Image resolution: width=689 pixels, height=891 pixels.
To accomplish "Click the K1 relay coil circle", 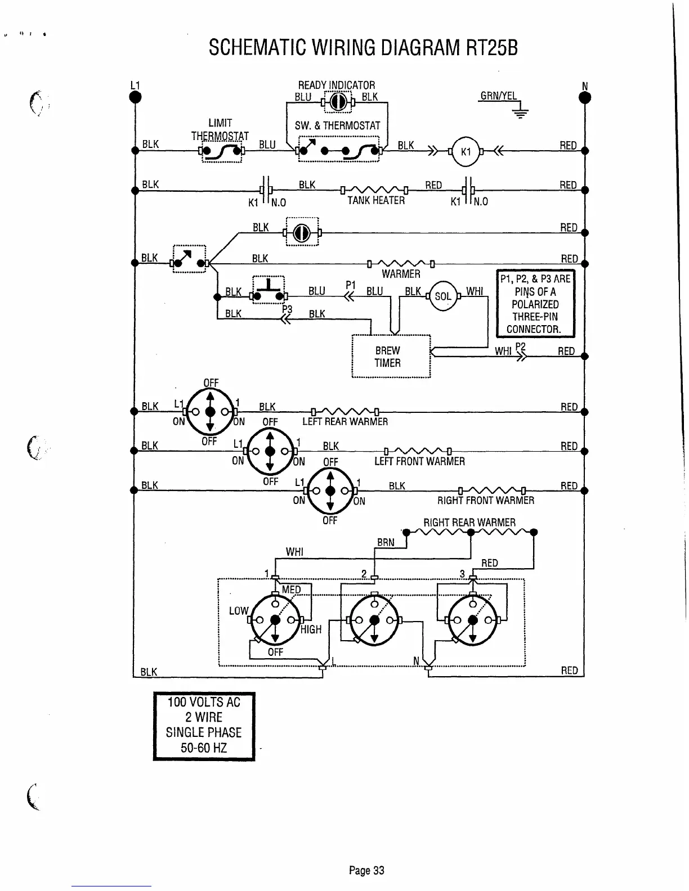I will coord(465,152).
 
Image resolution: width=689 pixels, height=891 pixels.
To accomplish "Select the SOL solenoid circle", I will coord(443,296).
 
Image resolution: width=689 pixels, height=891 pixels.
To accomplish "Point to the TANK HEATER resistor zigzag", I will coord(374,190).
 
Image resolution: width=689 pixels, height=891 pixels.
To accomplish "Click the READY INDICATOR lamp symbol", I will coord(337,102).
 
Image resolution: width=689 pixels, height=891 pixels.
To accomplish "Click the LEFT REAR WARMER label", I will coord(345,422).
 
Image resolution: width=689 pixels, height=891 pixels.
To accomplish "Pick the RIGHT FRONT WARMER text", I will coord(486,501).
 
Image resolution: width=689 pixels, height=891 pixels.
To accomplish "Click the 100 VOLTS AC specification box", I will coord(204,726).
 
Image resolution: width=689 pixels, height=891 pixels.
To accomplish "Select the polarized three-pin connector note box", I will coord(535,304).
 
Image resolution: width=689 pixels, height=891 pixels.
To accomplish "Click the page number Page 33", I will coord(366,871).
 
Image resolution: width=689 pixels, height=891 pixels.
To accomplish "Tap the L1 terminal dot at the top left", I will coord(135,97).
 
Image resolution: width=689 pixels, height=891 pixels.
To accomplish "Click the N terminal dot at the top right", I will coord(585,97).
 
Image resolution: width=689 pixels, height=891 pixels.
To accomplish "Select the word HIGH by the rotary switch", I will coord(310,629).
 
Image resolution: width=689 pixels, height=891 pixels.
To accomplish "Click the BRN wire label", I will coord(386,543).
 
